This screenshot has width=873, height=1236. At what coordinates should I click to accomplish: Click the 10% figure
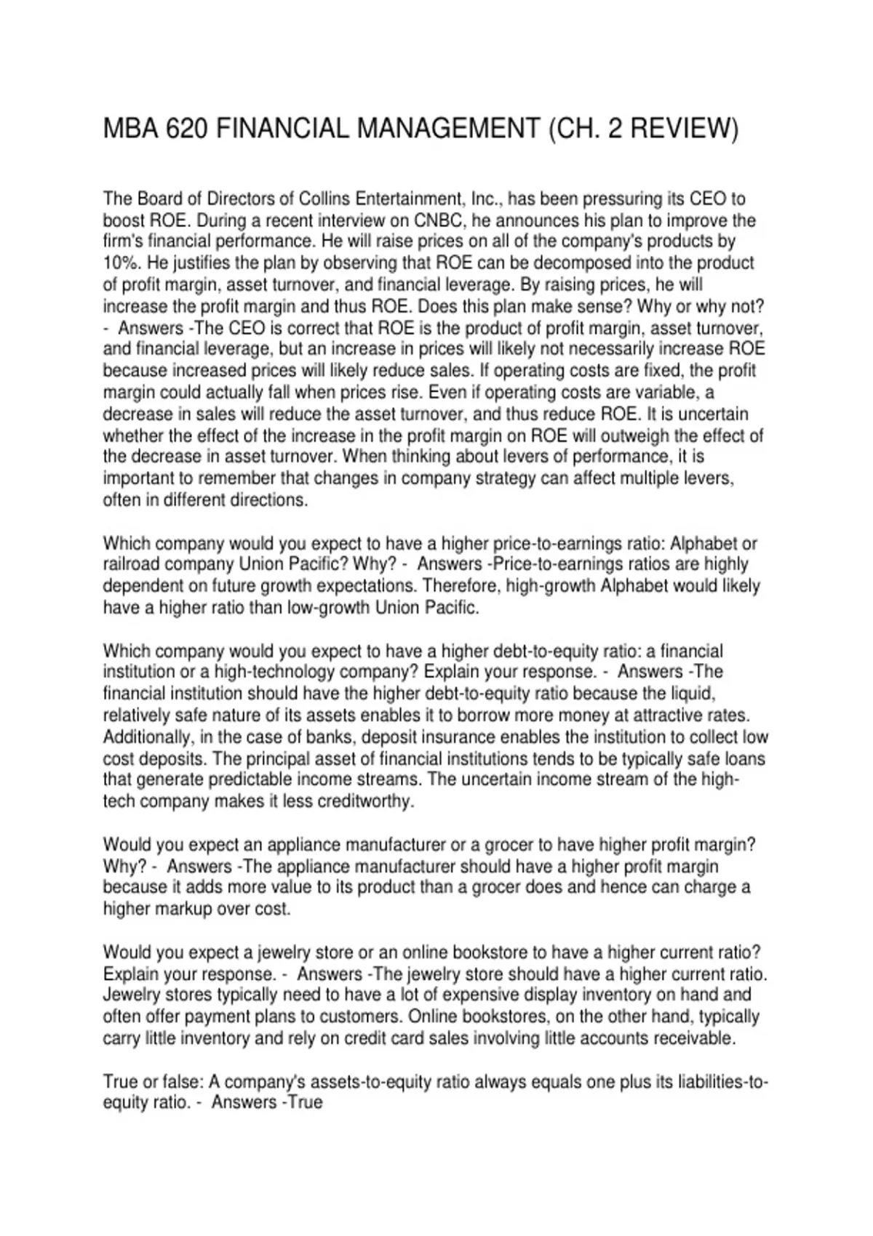[x=119, y=263]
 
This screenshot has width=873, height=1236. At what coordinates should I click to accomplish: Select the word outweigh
[x=642, y=436]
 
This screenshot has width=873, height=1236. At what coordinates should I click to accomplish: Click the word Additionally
[x=147, y=737]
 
